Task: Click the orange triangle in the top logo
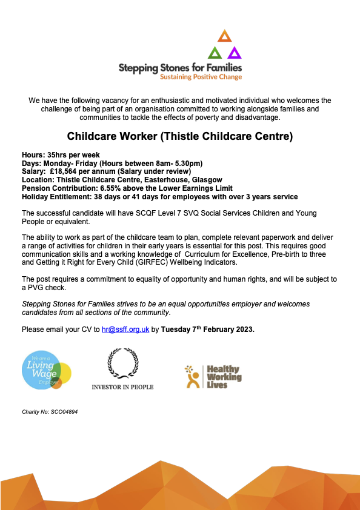click(224, 35)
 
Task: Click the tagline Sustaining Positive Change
click(200, 77)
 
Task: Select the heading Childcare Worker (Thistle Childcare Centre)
click(180, 137)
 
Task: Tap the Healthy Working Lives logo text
click(224, 376)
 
